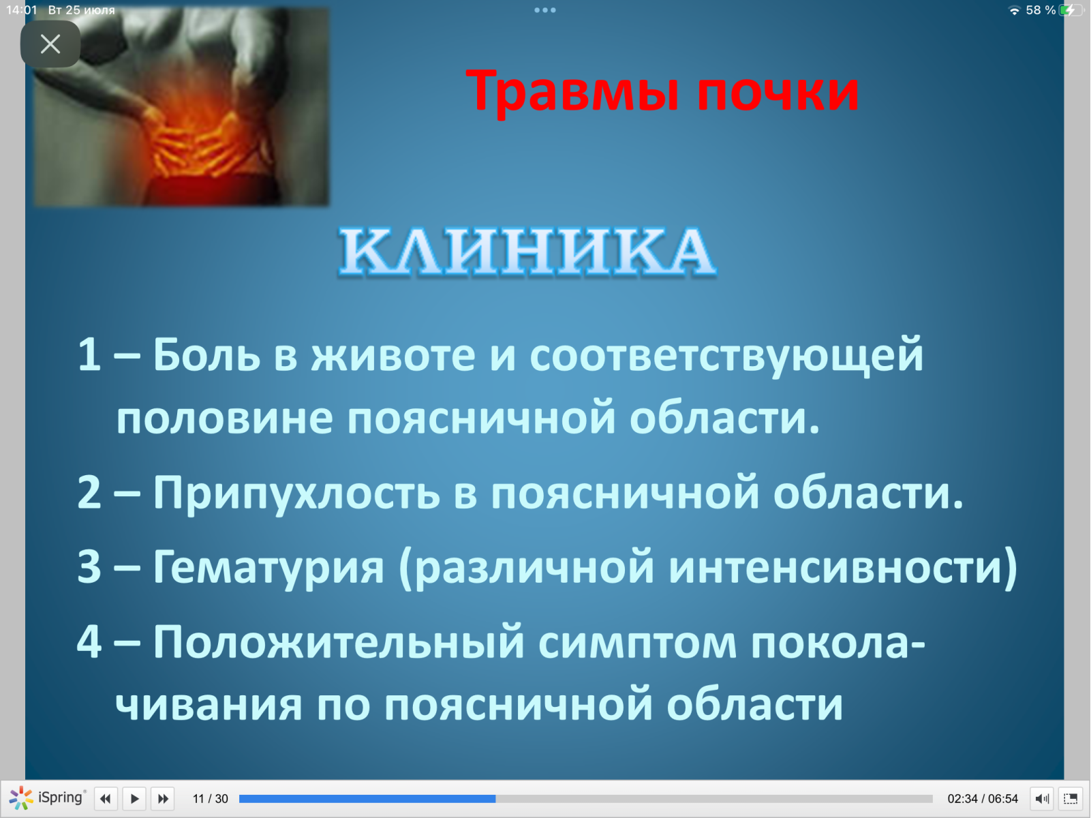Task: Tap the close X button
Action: click(50, 44)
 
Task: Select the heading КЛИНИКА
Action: click(527, 251)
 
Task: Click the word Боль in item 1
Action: click(206, 354)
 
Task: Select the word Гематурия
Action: click(268, 567)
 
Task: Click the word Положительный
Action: click(339, 643)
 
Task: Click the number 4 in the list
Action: click(89, 641)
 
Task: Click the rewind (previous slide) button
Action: click(106, 799)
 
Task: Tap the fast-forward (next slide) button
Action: click(163, 799)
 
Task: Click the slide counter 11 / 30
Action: click(211, 799)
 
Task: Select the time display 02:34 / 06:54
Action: click(983, 799)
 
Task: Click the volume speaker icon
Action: click(1043, 799)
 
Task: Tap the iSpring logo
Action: click(47, 798)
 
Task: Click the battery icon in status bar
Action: click(1071, 10)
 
